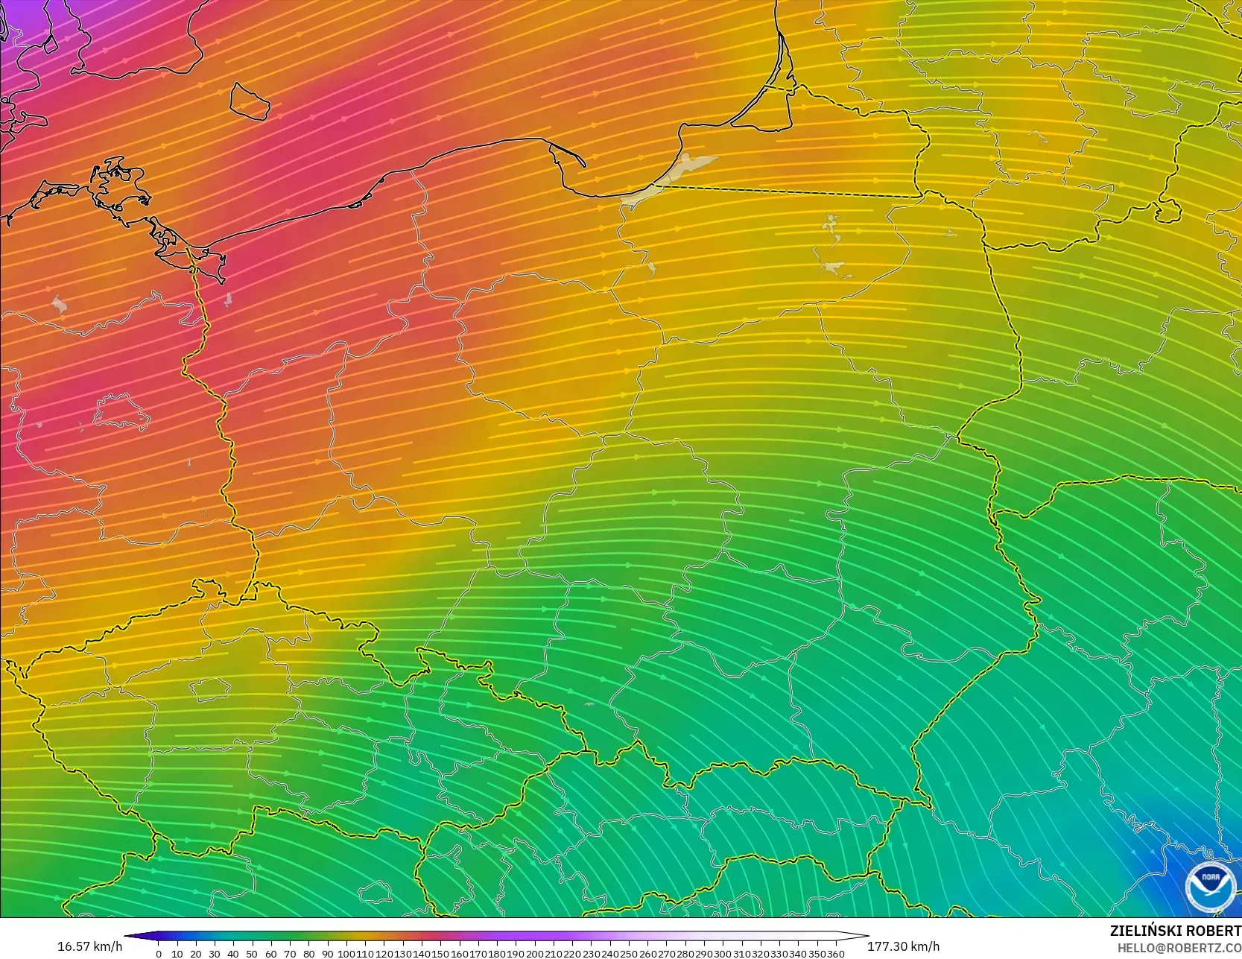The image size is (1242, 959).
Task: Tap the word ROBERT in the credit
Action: pyautogui.click(x=1214, y=931)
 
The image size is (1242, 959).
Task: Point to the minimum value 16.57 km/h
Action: pyautogui.click(x=89, y=946)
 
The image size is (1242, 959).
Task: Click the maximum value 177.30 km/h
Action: pyautogui.click(x=903, y=946)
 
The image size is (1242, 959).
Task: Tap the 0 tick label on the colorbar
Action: pyautogui.click(x=159, y=954)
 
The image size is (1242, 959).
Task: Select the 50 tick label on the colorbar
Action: pyautogui.click(x=252, y=954)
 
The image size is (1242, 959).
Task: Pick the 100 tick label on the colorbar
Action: pyautogui.click(x=346, y=954)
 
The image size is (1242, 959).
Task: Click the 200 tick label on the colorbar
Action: pyautogui.click(x=534, y=954)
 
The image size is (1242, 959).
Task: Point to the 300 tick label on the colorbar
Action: pyautogui.click(x=722, y=954)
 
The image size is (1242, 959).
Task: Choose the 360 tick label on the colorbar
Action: pyautogui.click(x=835, y=954)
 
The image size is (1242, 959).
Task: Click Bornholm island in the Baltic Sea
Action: pyautogui.click(x=249, y=101)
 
